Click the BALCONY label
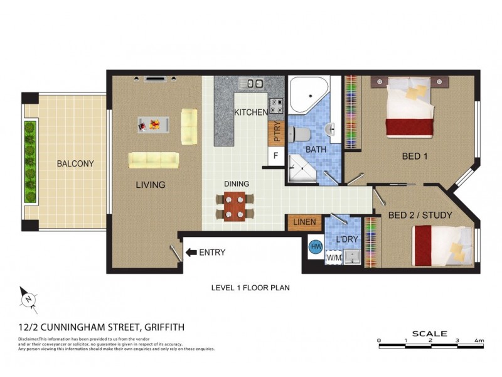(75, 163)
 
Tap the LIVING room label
(151, 185)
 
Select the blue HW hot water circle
(316, 247)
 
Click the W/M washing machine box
(334, 258)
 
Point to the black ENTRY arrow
(191, 253)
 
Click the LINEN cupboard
(304, 222)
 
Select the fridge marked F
(275, 156)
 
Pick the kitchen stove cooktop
(276, 106)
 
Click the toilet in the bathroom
(299, 134)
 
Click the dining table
(234, 207)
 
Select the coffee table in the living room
(153, 124)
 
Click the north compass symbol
(29, 300)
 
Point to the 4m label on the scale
(479, 341)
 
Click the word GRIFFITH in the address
(164, 327)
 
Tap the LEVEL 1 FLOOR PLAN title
(250, 288)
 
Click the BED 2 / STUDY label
(420, 215)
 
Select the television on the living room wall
(155, 79)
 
